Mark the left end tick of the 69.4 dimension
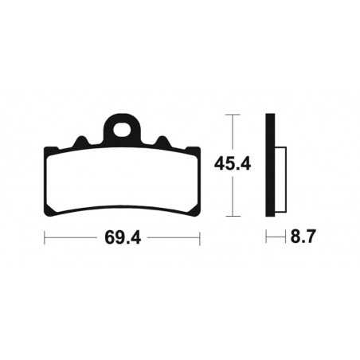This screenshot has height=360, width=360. [x=45, y=238]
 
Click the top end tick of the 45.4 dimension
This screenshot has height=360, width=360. [x=232, y=115]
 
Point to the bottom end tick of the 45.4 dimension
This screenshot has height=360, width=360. [x=232, y=217]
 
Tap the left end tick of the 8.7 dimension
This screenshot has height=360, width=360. [x=266, y=238]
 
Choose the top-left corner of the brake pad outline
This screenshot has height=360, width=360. [x=45, y=150]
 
